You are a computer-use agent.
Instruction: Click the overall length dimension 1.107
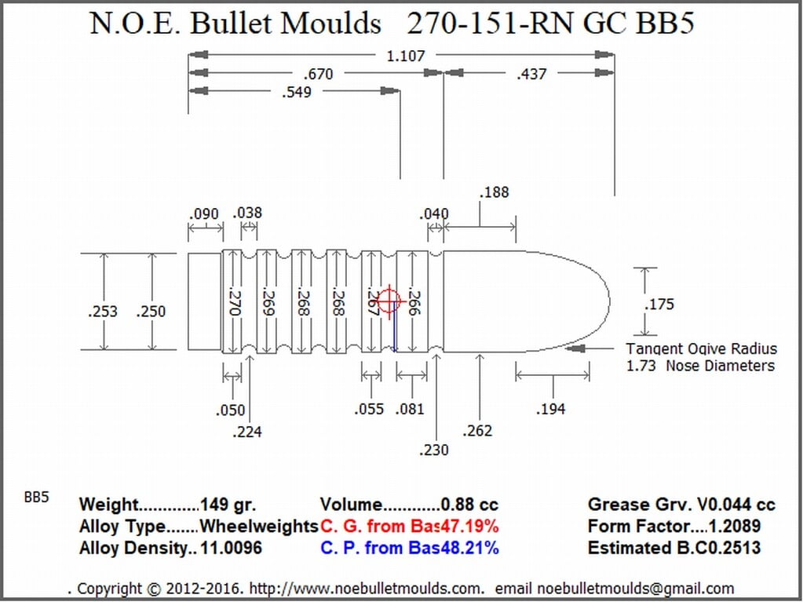point(405,55)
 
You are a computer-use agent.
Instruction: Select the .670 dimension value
point(318,75)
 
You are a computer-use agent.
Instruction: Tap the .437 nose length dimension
point(531,75)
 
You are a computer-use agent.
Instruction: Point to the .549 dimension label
point(297,92)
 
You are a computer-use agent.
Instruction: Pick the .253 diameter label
point(102,312)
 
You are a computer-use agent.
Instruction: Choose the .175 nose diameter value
point(659,304)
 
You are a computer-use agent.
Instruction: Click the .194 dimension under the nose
point(550,408)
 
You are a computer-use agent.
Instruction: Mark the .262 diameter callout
point(476,431)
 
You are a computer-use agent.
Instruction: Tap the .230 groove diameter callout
point(433,450)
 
